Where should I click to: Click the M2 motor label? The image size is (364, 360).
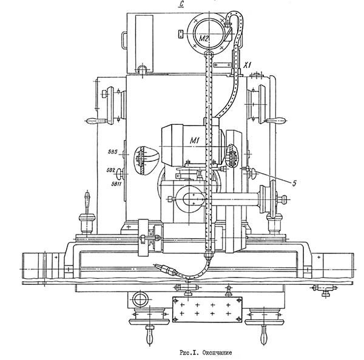[x=204, y=38]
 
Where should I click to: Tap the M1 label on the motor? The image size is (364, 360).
[x=195, y=141]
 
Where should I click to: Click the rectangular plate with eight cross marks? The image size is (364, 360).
[x=207, y=308]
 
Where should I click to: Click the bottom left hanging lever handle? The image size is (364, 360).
[x=149, y=334]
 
